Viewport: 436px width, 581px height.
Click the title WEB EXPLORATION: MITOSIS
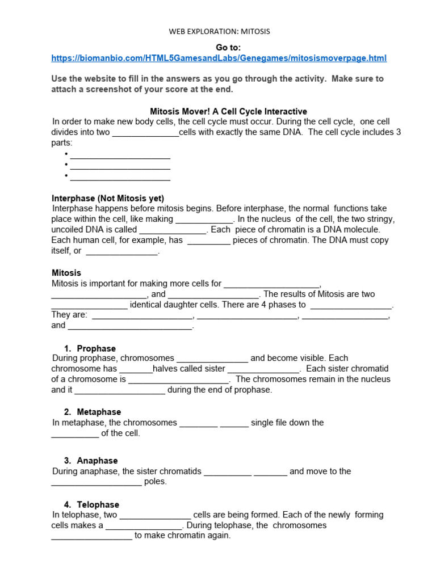click(x=219, y=32)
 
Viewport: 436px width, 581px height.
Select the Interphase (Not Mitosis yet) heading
click(x=108, y=198)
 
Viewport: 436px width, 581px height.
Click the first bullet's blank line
click(x=120, y=155)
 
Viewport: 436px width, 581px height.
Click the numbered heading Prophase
click(x=96, y=348)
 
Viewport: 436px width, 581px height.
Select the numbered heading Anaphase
click(x=97, y=461)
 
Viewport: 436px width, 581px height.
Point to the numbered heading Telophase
click(x=98, y=504)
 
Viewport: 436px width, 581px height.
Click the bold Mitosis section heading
click(x=66, y=273)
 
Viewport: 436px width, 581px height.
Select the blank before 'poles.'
click(x=97, y=482)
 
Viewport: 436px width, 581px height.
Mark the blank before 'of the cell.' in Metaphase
click(x=75, y=434)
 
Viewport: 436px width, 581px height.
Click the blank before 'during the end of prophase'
click(x=120, y=391)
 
